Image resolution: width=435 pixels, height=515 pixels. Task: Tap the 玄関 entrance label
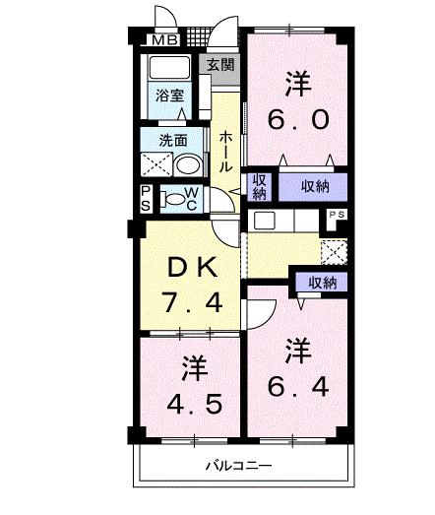tap(221, 66)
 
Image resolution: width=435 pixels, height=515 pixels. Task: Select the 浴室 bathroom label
tap(170, 96)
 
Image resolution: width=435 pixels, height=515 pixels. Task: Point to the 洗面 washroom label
tap(161, 139)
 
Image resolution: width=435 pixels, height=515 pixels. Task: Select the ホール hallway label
tap(225, 152)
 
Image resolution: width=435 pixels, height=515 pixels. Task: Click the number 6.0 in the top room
tap(293, 119)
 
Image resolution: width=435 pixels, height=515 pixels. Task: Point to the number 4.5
tap(193, 404)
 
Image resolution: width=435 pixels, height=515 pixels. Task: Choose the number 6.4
tap(298, 382)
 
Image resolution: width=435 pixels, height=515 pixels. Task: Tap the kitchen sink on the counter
tap(263, 221)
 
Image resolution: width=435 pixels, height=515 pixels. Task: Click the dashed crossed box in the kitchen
tap(335, 251)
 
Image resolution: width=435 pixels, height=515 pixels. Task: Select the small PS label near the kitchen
tap(337, 214)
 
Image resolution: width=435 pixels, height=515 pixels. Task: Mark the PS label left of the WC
tap(146, 198)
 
